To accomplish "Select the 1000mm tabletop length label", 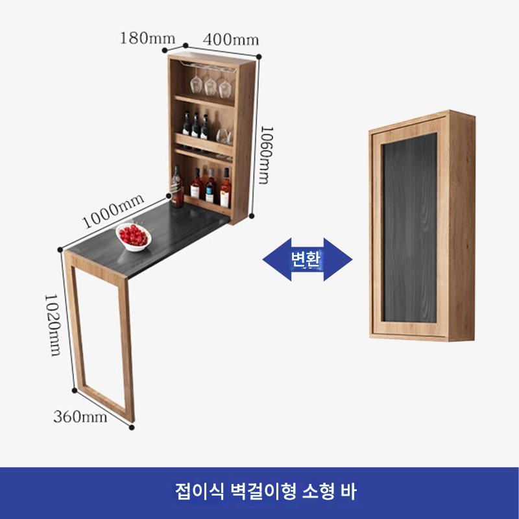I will [113, 213].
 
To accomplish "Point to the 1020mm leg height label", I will [53, 324].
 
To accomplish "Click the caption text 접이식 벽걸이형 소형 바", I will [259, 489].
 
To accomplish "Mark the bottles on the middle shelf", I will [195, 126].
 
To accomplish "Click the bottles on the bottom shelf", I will [211, 186].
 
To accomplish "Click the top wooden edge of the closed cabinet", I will [422, 119].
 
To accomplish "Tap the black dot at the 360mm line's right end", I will [132, 428].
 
